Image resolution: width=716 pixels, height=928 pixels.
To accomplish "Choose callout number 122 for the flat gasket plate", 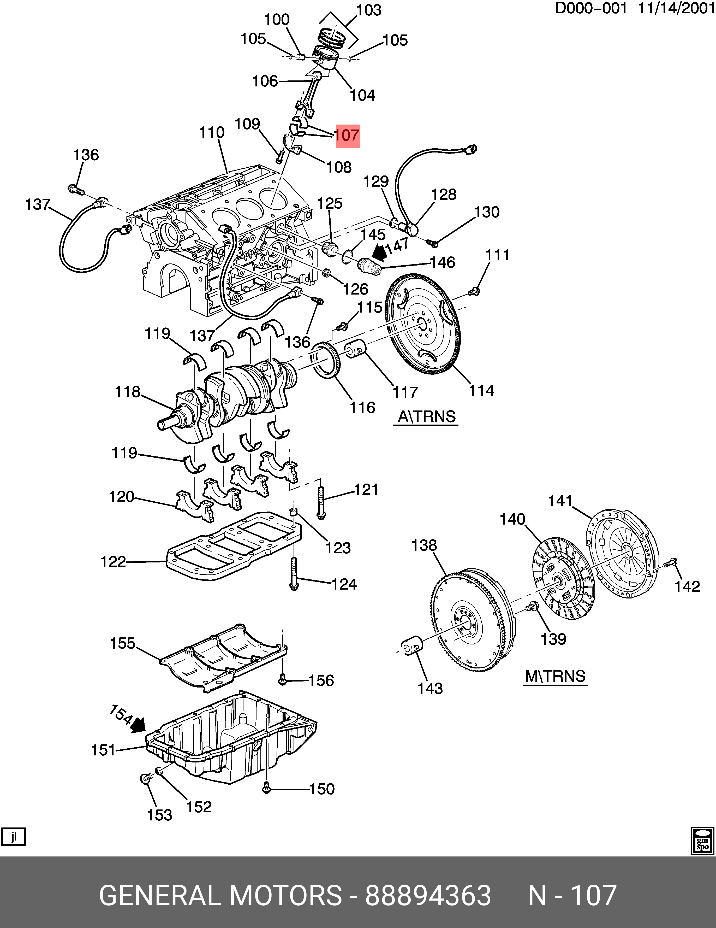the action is (114, 562).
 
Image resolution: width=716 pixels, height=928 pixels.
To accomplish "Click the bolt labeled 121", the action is (321, 503).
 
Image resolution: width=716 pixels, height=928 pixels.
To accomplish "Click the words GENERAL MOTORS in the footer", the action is (220, 896).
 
